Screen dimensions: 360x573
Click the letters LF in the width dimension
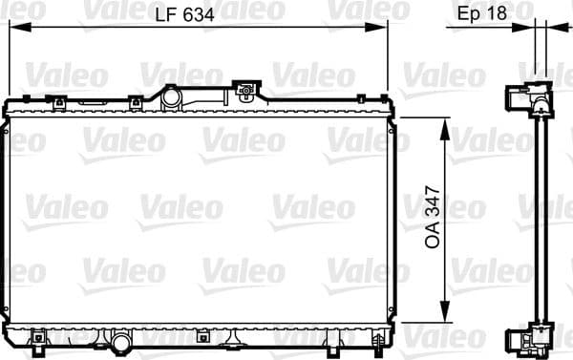(x=167, y=13)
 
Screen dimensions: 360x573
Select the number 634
(x=198, y=13)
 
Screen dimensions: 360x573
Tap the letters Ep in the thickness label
(x=468, y=13)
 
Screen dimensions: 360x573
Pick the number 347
(x=432, y=201)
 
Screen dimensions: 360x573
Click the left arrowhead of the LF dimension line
(x=14, y=29)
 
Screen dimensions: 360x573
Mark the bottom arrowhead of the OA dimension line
(x=444, y=317)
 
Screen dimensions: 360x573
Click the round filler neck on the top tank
(x=171, y=97)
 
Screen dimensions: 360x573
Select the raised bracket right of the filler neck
(x=248, y=92)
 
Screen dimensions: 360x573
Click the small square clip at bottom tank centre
(x=202, y=335)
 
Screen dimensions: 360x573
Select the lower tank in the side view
(x=529, y=338)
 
